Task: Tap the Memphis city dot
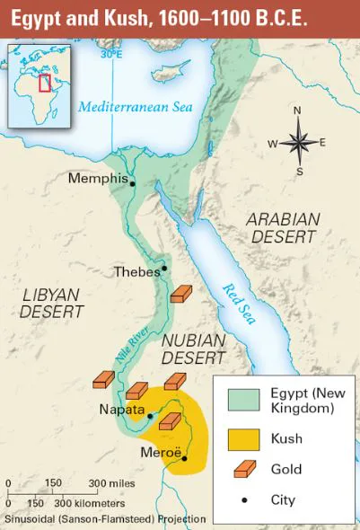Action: tap(132, 183)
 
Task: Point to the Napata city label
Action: tap(121, 411)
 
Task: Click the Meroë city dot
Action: tap(185, 459)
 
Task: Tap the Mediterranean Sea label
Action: tap(134, 107)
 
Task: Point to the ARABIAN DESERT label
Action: tap(284, 227)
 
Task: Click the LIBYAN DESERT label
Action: tap(51, 303)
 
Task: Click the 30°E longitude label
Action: tap(111, 54)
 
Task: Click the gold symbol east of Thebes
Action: tap(182, 296)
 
